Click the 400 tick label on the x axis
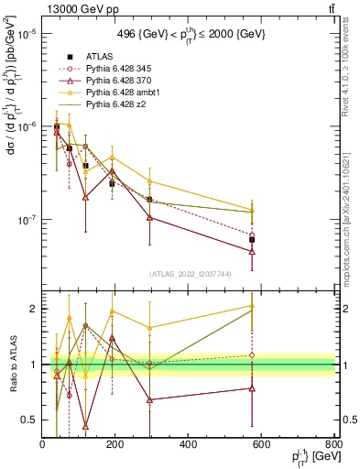188,445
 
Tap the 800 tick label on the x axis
333,445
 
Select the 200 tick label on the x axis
115,445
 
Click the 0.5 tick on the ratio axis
28,420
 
